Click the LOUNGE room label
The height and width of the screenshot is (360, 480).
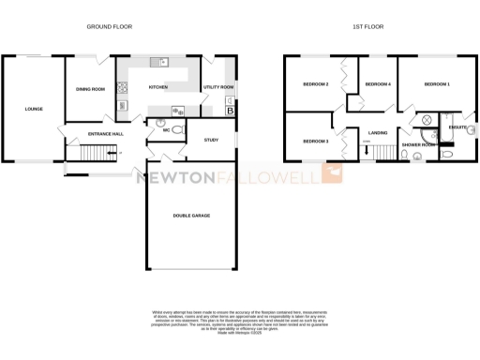pyautogui.click(x=34, y=109)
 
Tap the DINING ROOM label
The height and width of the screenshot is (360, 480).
pyautogui.click(x=90, y=90)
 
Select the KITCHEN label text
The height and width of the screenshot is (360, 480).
pyautogui.click(x=157, y=87)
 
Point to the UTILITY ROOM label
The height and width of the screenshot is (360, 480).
pyautogui.click(x=218, y=87)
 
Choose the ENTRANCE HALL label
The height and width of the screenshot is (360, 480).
pyautogui.click(x=105, y=134)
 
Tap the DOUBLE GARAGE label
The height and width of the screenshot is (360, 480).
pyautogui.click(x=191, y=216)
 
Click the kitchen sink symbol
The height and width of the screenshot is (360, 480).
pyautogui.click(x=163, y=63)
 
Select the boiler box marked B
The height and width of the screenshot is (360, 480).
pyautogui.click(x=231, y=111)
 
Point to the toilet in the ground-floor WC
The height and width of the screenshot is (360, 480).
pyautogui.click(x=160, y=122)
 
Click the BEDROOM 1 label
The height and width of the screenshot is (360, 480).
pyautogui.click(x=437, y=84)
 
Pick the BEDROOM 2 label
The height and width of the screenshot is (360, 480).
pyautogui.click(x=315, y=84)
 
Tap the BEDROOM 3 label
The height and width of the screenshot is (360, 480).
pyautogui.click(x=315, y=141)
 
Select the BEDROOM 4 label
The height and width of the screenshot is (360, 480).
pyautogui.click(x=377, y=84)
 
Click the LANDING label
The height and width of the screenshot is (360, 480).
pyautogui.click(x=379, y=134)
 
